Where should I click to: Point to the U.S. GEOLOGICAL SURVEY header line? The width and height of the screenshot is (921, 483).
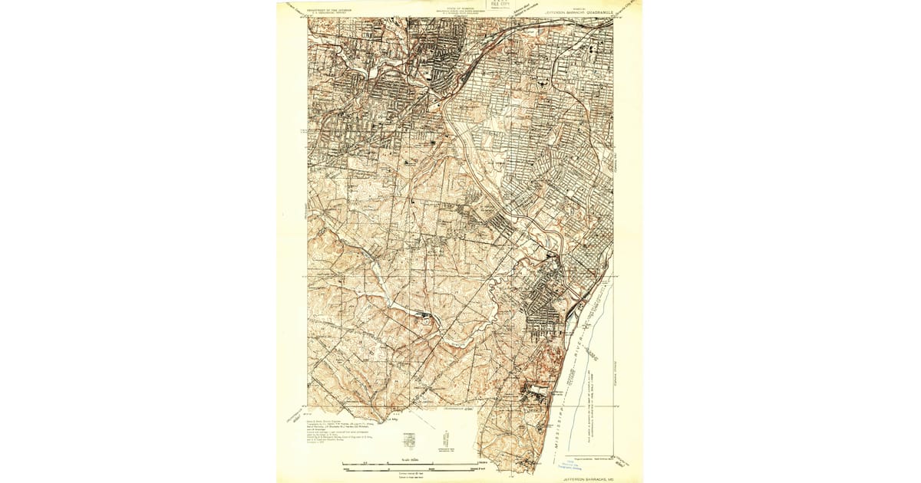(x=330, y=15)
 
